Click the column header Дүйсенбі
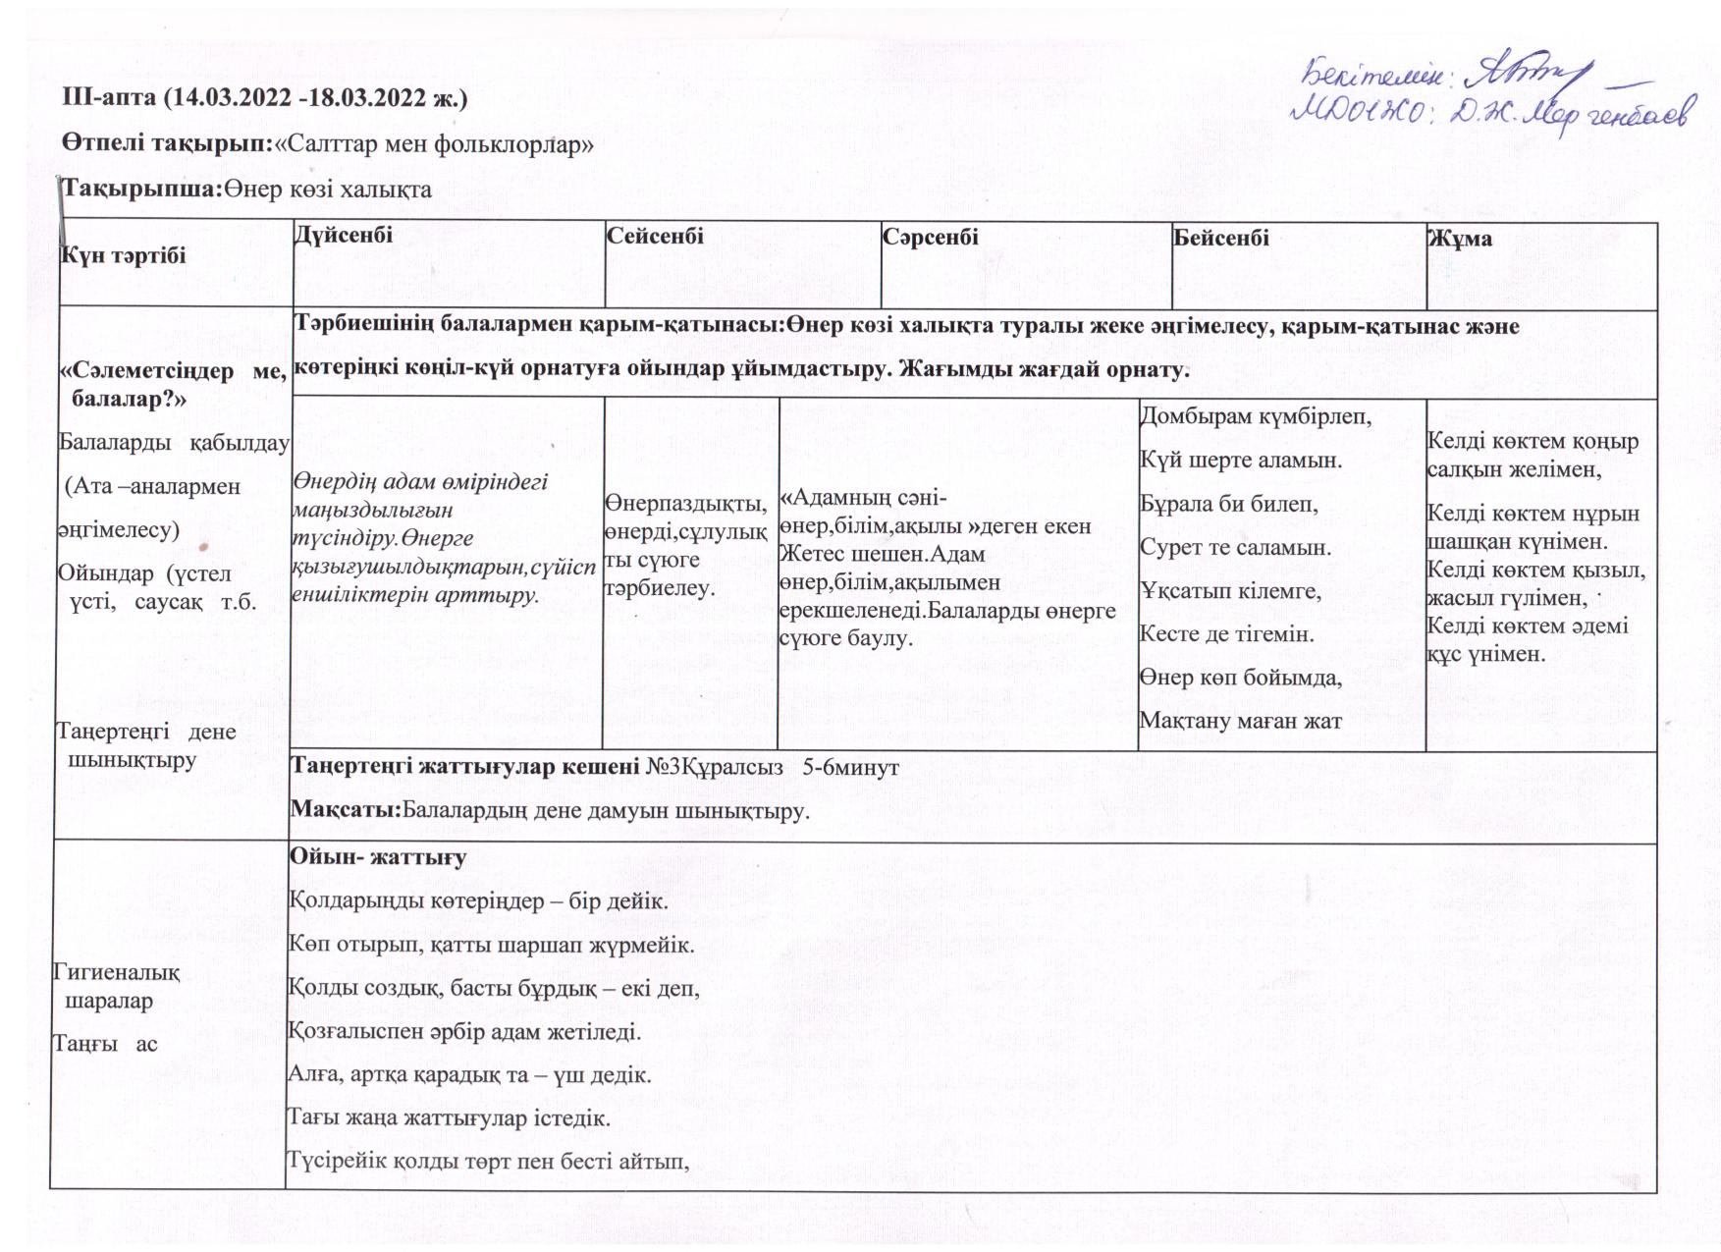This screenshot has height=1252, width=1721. pyautogui.click(x=343, y=235)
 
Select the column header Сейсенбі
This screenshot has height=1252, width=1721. pyautogui.click(x=655, y=236)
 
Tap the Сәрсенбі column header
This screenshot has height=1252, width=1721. pyautogui.click(x=930, y=237)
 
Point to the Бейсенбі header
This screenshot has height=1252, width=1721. pyautogui.click(x=1220, y=238)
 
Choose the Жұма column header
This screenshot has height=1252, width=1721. pyautogui.click(x=1460, y=239)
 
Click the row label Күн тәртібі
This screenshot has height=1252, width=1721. pyautogui.click(x=123, y=255)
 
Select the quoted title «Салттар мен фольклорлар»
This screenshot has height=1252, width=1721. pyautogui.click(x=434, y=144)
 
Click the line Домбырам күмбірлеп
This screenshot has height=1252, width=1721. pyautogui.click(x=1255, y=416)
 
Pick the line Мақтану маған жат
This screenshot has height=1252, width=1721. pyautogui.click(x=1240, y=721)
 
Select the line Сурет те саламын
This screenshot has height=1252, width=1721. pyautogui.click(x=1235, y=547)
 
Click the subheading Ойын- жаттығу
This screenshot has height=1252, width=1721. pyautogui.click(x=377, y=856)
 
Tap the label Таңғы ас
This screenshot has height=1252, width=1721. pyautogui.click(x=105, y=1043)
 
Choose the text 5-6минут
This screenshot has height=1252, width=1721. pyautogui.click(x=850, y=767)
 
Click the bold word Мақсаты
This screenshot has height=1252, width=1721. pyautogui.click(x=345, y=810)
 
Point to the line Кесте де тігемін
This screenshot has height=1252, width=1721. pyautogui.click(x=1226, y=633)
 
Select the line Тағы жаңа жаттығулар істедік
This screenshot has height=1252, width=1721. pyautogui.click(x=449, y=1117)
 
